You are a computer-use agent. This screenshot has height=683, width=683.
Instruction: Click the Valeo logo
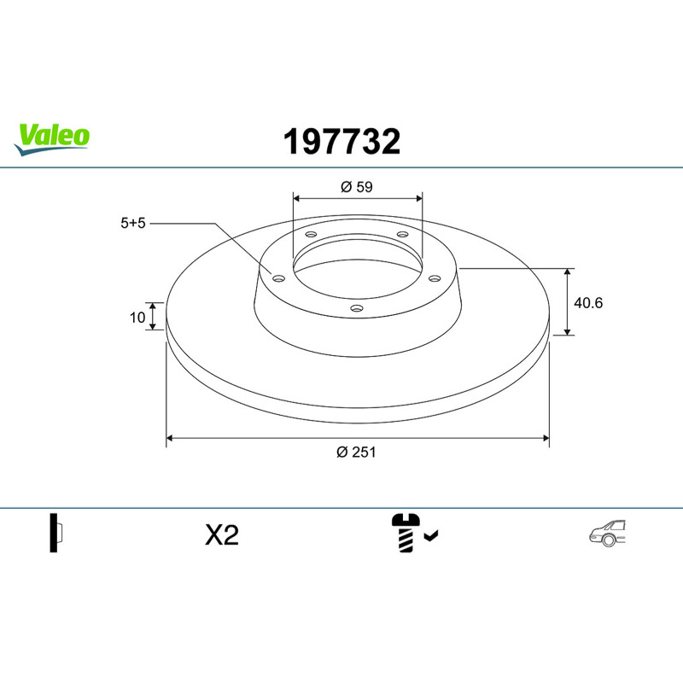(x=51, y=139)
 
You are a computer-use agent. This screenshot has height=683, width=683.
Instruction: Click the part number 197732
(x=341, y=142)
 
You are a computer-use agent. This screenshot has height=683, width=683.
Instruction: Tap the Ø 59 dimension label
(x=357, y=187)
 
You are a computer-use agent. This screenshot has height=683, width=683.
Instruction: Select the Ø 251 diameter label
(x=356, y=452)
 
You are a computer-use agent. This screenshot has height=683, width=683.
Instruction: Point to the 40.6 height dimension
(x=588, y=303)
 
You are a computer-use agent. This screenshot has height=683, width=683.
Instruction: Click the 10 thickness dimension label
(x=137, y=318)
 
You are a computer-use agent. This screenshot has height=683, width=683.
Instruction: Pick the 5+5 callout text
(x=133, y=223)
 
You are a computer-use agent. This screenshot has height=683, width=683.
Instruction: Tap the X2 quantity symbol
(x=222, y=535)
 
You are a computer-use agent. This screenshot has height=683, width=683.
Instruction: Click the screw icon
(x=406, y=533)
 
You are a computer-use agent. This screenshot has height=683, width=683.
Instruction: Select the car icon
(x=607, y=533)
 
